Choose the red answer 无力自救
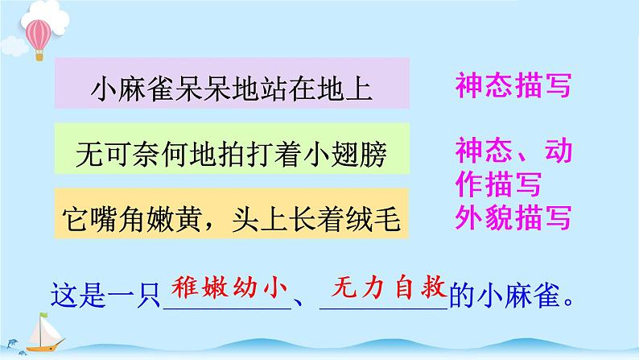tap(382, 285)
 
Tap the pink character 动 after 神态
tap(553, 151)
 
